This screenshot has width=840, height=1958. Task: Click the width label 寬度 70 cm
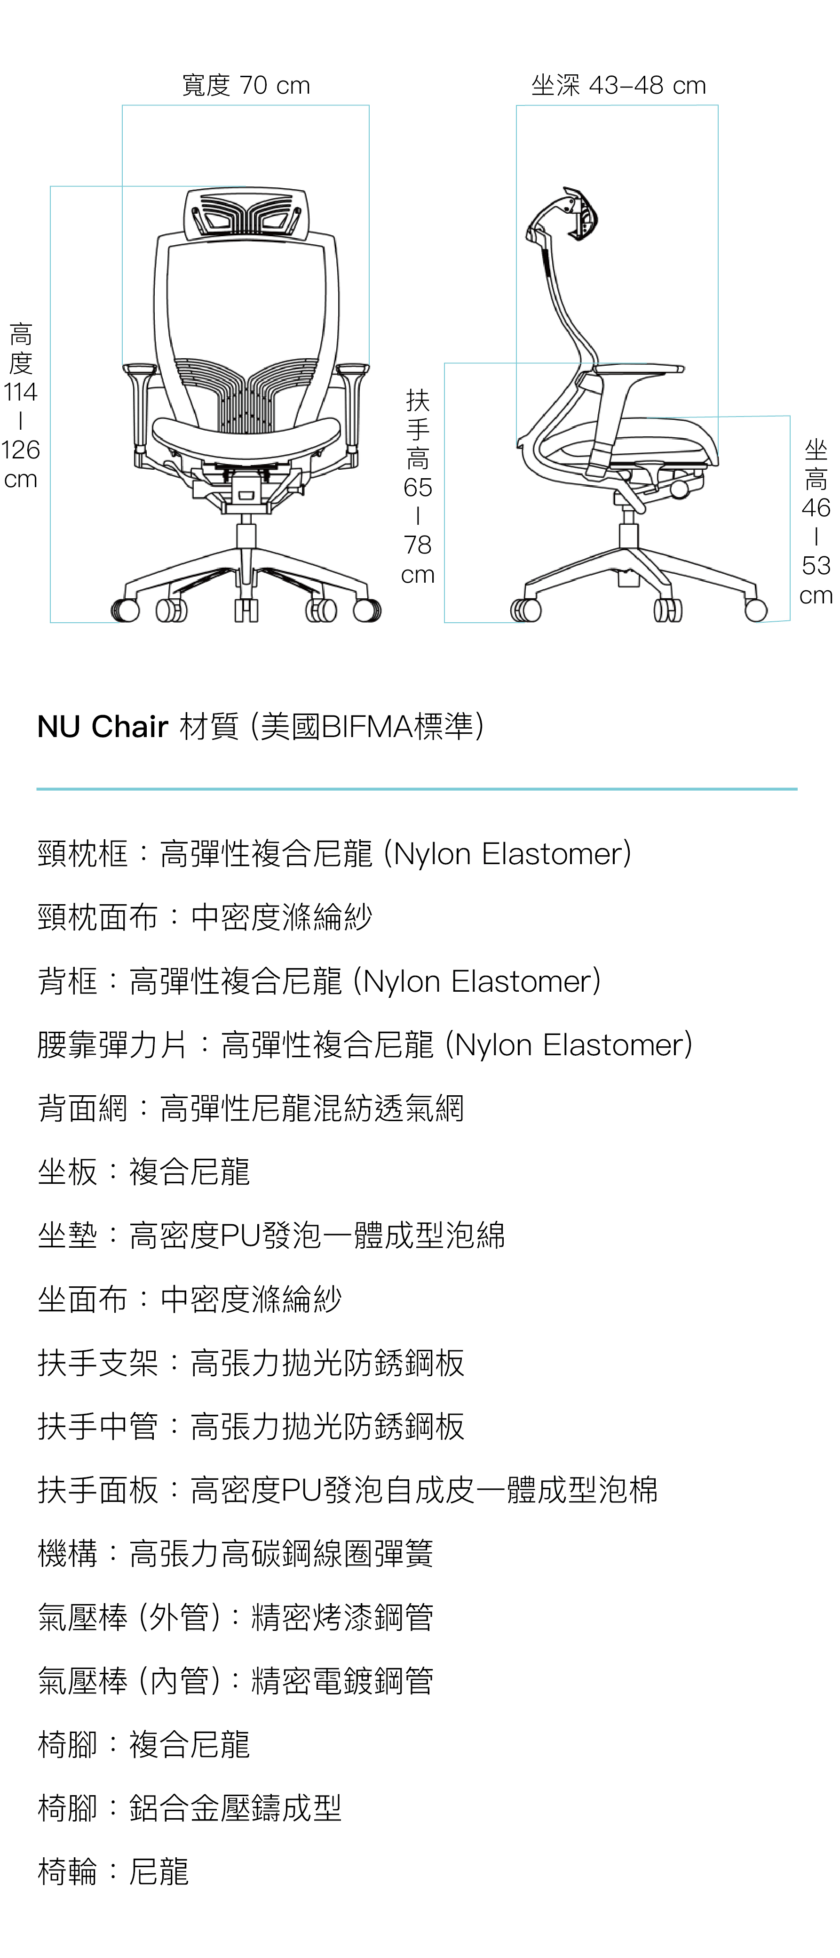point(246,85)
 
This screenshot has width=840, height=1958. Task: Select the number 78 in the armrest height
point(418,545)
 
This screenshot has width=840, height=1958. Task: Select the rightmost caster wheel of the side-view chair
point(756,610)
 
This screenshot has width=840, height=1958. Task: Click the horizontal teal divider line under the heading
point(417,789)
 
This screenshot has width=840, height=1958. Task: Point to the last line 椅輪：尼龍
point(113,1871)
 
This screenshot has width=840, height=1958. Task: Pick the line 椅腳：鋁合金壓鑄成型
point(190,1807)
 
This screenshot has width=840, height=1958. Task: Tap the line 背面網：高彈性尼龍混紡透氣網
point(251,1108)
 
